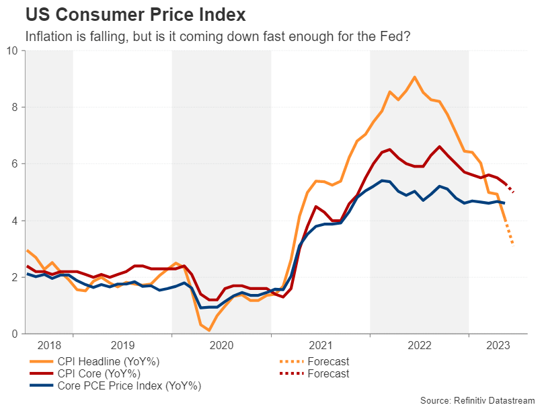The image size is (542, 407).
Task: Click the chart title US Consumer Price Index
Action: tap(134, 13)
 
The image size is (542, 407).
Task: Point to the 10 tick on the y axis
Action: tap(13, 51)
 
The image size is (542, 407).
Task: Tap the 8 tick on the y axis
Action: tap(15, 108)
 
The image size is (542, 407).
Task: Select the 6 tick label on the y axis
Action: tap(15, 164)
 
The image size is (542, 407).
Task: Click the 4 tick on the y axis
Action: tap(15, 221)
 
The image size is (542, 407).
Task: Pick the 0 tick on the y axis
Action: tap(15, 334)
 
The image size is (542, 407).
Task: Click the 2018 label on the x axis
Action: tap(49, 346)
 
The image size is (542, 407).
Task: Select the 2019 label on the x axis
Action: tap(122, 346)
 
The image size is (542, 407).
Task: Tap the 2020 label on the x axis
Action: tap(221, 346)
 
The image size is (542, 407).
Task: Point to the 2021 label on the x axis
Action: tap(320, 346)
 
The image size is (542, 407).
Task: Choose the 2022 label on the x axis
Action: tap(419, 346)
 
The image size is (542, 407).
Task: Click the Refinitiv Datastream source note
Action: tap(477, 400)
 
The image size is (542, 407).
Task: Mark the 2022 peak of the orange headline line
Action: tap(414, 77)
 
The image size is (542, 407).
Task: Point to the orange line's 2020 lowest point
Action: tap(209, 330)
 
